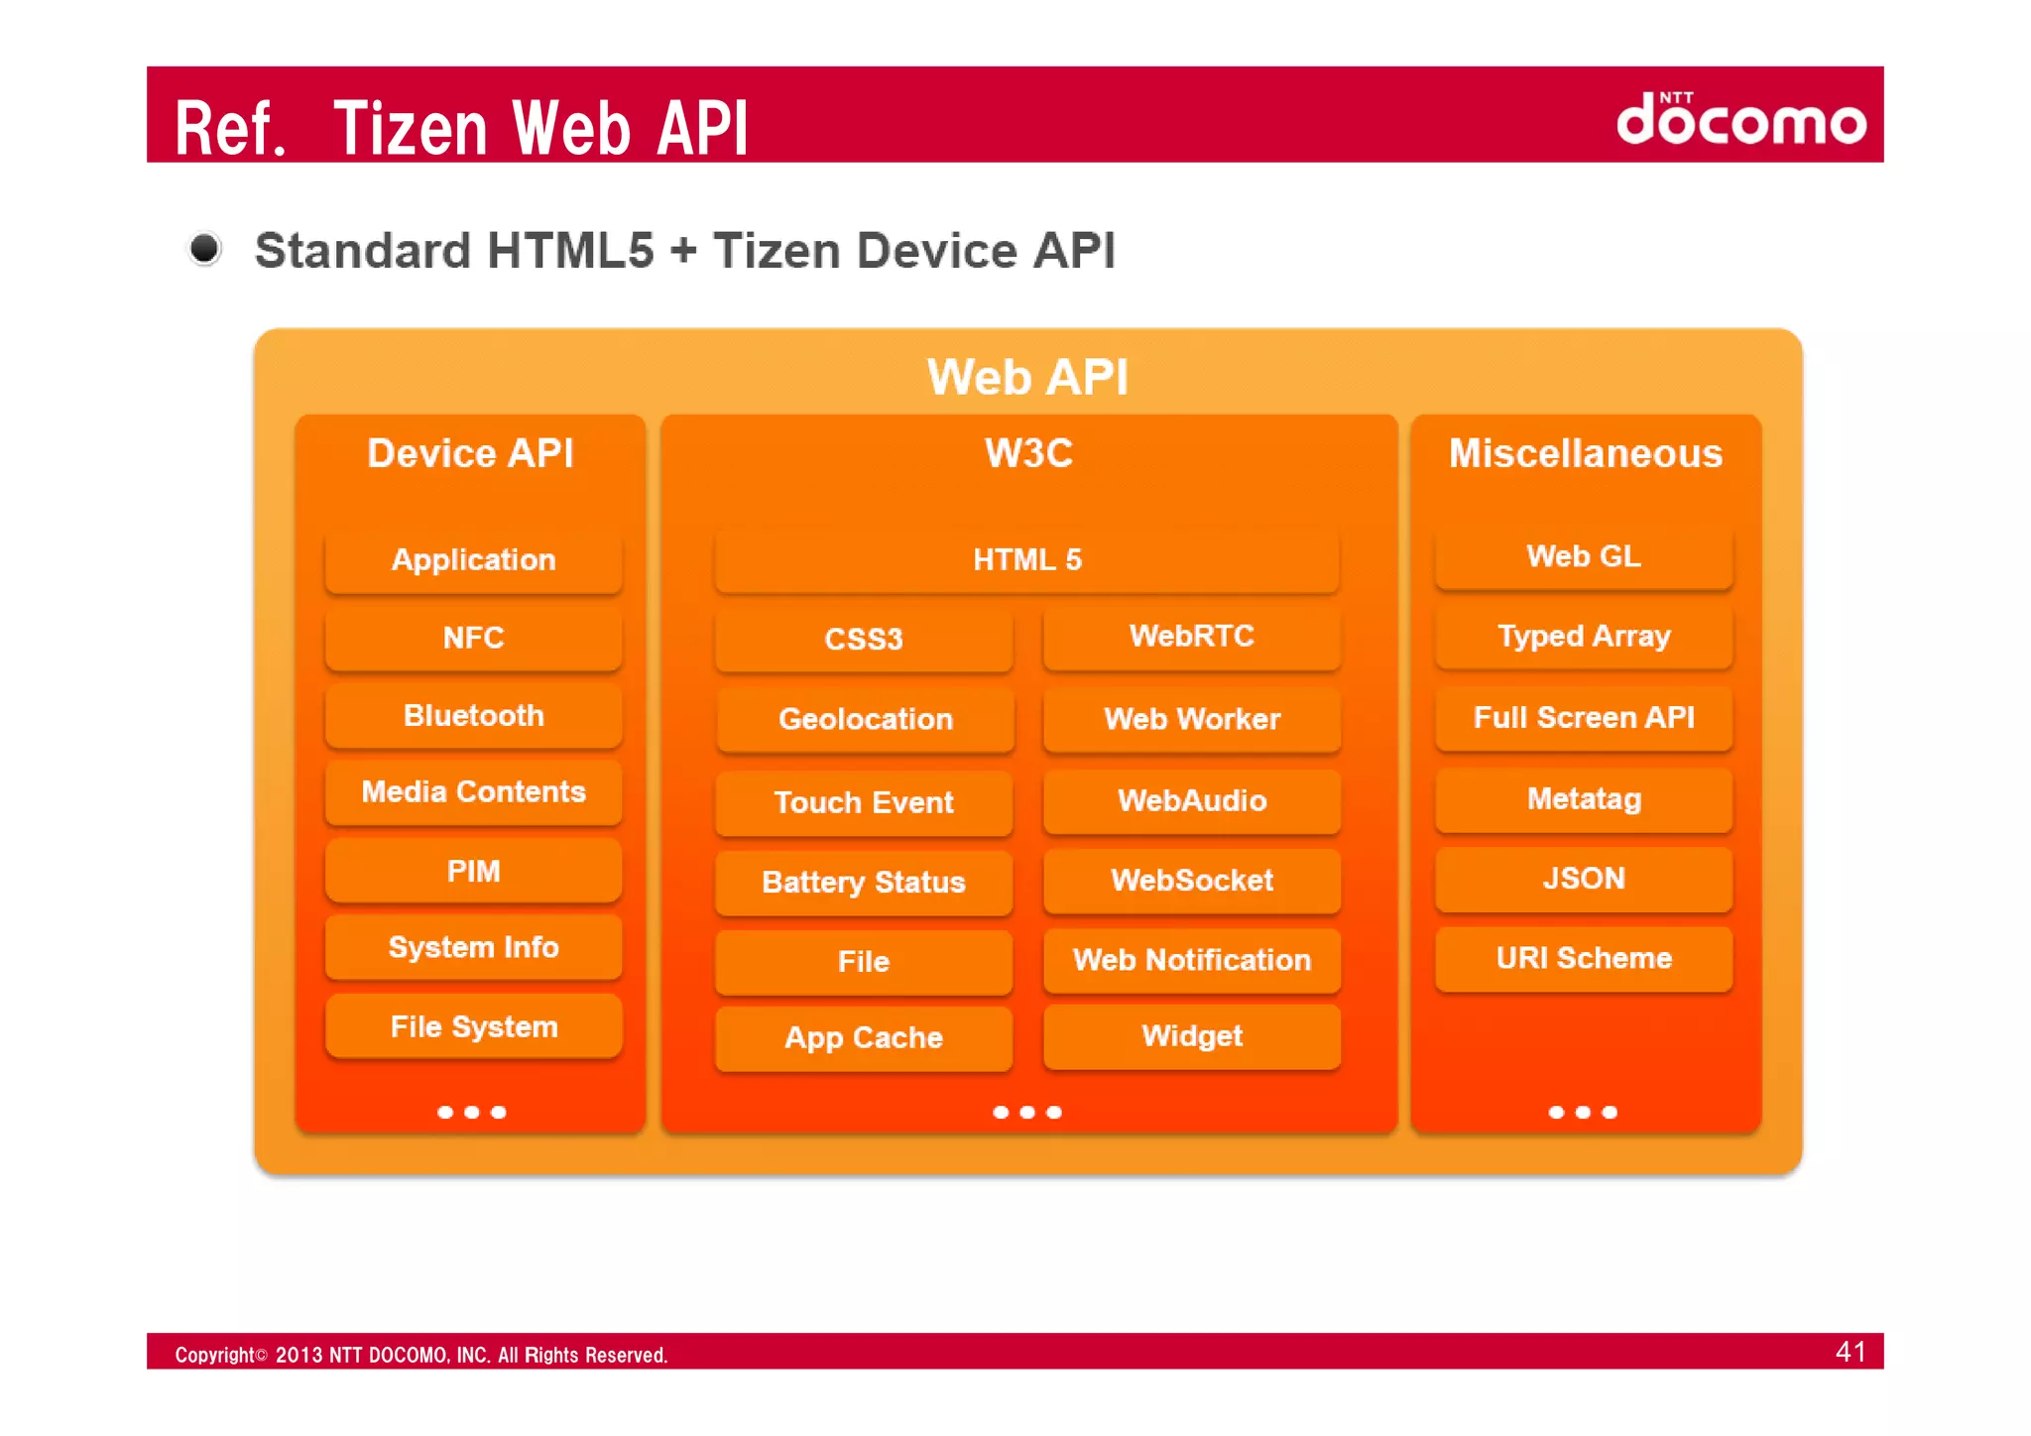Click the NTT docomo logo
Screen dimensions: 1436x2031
tap(1740, 119)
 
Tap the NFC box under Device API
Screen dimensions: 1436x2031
tap(473, 638)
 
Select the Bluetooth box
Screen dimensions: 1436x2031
tap(473, 715)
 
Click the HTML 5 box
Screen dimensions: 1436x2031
tap(1026, 560)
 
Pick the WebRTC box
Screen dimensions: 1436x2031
tap(1191, 637)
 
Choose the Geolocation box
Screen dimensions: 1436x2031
tap(865, 719)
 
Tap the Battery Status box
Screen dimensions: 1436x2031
tap(863, 882)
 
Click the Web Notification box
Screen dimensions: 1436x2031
tap(1191, 960)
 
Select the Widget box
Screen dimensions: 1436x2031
tap(1191, 1036)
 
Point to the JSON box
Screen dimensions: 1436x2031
tap(1583, 879)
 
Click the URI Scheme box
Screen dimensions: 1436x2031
tap(1583, 958)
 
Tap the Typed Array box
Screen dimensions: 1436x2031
tap(1583, 636)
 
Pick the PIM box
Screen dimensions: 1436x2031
tap(473, 871)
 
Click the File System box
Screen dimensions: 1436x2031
tap(473, 1026)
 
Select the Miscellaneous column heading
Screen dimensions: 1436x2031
tap(1585, 453)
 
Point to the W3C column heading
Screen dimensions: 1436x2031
tap(1028, 453)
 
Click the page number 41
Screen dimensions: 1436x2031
tap(1850, 1352)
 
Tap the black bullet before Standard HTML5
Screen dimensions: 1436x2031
tap(205, 248)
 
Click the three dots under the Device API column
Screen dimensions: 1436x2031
tap(472, 1113)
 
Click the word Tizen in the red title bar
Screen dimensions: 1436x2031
tap(411, 129)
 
